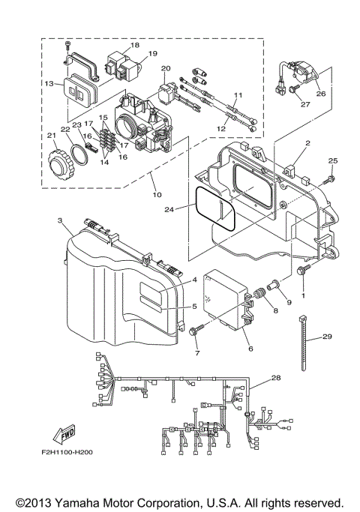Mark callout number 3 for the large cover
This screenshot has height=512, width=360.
click(59, 220)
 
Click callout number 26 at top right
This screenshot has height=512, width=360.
click(321, 94)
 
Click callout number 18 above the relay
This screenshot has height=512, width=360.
click(135, 45)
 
